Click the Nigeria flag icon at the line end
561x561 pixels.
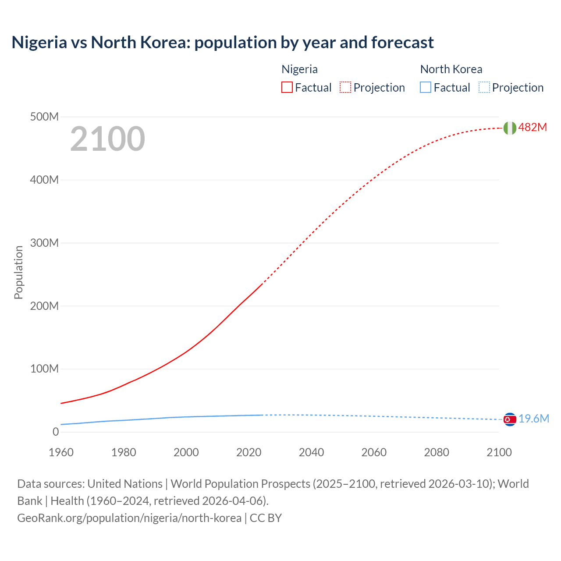coord(510,128)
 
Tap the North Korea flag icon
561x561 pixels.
coord(510,419)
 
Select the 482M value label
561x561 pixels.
coord(533,127)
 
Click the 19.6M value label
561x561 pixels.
coord(534,419)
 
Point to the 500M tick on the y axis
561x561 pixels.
coord(44,117)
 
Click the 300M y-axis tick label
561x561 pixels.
coord(44,243)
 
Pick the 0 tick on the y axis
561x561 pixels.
coord(56,432)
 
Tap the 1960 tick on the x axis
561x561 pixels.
coord(61,452)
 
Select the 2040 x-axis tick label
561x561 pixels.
coord(311,452)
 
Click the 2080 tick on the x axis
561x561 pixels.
coord(437,452)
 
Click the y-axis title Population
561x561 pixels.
coord(18,272)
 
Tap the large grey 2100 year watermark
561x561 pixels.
coord(107,139)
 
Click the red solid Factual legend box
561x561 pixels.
coord(287,87)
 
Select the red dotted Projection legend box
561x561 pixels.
coord(345,87)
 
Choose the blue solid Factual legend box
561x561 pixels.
coord(426,87)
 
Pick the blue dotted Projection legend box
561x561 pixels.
coord(484,87)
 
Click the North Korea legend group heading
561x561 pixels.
coord(451,69)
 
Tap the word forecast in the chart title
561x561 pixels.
coord(402,43)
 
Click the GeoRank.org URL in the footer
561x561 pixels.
coord(129,518)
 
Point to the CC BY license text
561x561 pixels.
coord(266,518)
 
